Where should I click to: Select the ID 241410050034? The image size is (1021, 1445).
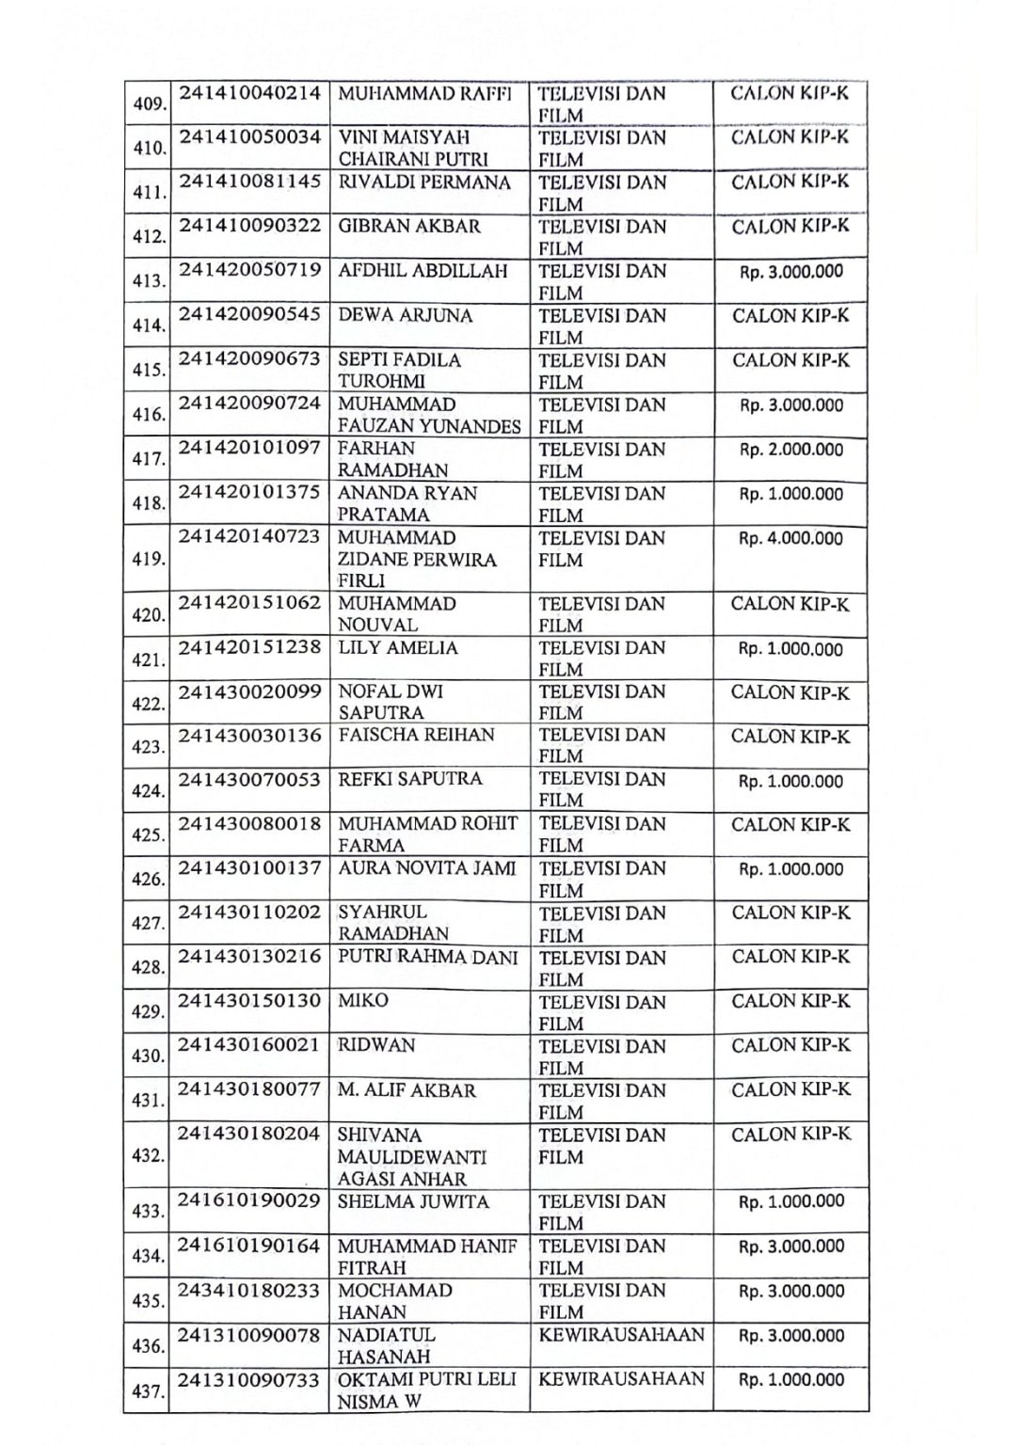pyautogui.click(x=250, y=138)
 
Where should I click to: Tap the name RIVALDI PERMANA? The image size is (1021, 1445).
pyautogui.click(x=423, y=183)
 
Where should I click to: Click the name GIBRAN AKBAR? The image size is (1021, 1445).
pyautogui.click(x=408, y=227)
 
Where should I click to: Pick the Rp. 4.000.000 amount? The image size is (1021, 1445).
pyautogui.click(x=790, y=539)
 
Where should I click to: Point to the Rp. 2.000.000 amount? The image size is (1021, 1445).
pyautogui.click(x=790, y=450)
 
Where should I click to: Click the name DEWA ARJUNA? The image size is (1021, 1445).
pyautogui.click(x=405, y=316)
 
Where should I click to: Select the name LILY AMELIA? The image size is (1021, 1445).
pyautogui.click(x=398, y=648)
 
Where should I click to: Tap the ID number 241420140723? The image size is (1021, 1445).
pyautogui.click(x=250, y=538)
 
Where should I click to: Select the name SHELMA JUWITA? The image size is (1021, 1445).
pyautogui.click(x=413, y=1202)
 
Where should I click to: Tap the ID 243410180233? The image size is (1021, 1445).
pyautogui.click(x=250, y=1291)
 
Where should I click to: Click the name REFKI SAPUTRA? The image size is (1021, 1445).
pyautogui.click(x=409, y=779)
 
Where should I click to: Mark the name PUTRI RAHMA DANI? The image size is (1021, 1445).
pyautogui.click(x=427, y=958)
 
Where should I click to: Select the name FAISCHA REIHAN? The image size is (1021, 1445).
pyautogui.click(x=416, y=735)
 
